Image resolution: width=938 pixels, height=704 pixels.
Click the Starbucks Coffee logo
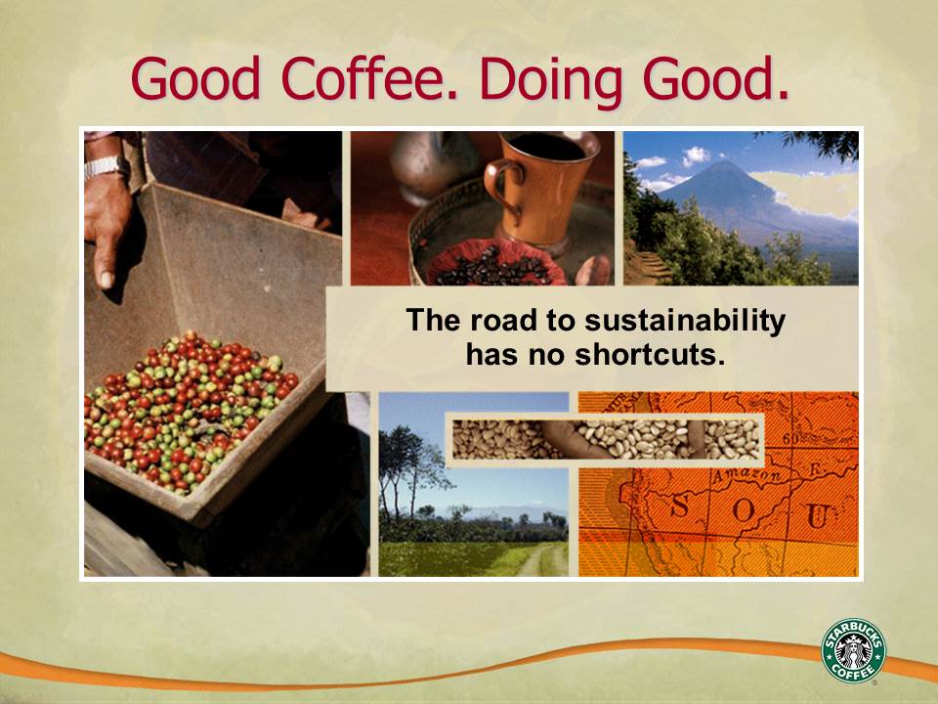(x=853, y=650)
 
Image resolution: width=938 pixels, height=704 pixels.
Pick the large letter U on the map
(x=817, y=515)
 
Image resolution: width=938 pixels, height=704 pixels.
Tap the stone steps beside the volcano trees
(x=650, y=265)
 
